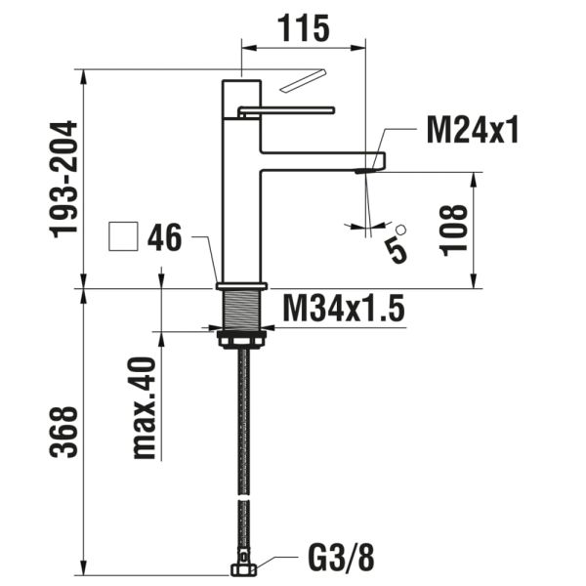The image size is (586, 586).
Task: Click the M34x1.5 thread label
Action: [343, 310]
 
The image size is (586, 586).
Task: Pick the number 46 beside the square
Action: [165, 237]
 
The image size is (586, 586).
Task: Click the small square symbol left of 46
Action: [123, 237]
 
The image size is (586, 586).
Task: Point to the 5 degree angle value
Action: [396, 246]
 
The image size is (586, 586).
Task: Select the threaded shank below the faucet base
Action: [240, 312]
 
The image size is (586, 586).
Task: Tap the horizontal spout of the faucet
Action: [322, 159]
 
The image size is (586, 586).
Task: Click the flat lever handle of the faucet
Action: [289, 109]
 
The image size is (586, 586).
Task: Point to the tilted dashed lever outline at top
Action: [303, 81]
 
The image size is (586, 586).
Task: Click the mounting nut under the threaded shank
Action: [240, 338]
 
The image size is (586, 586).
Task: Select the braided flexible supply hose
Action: [241, 449]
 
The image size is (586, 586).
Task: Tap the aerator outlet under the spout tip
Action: [365, 171]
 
